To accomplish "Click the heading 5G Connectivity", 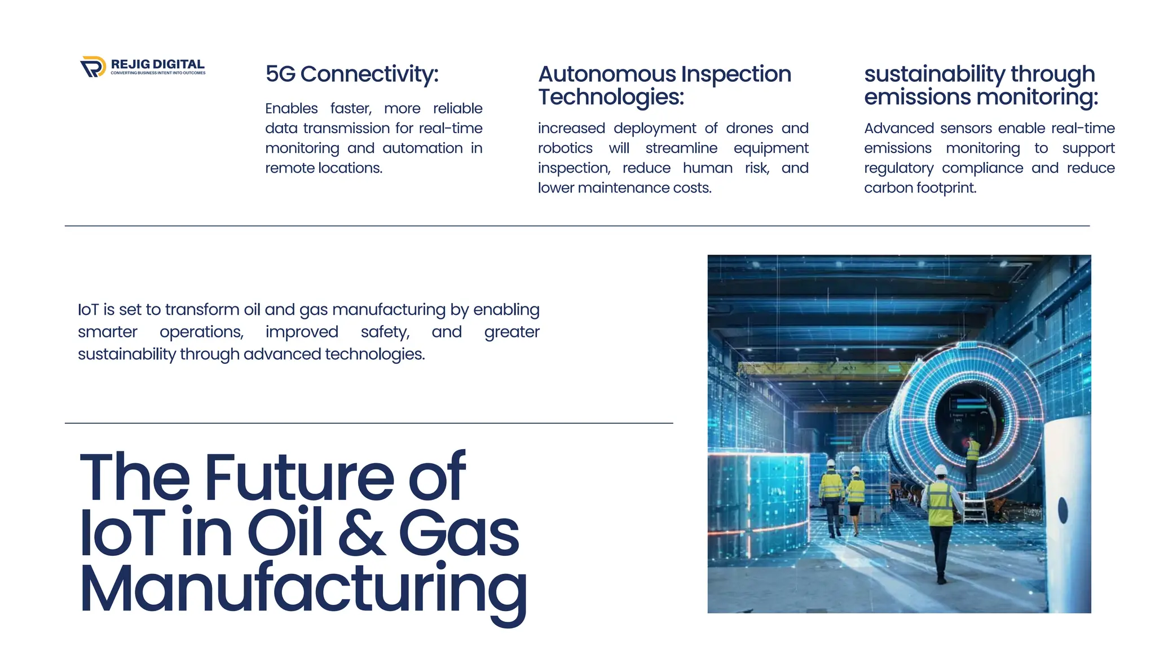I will tap(351, 74).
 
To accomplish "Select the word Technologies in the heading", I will tap(610, 97).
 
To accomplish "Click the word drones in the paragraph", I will tap(749, 128).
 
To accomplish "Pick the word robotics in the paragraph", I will tap(565, 148).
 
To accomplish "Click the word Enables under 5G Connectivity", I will tap(291, 108).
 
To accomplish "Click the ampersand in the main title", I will tap(361, 533).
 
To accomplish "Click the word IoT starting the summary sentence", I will tap(88, 310).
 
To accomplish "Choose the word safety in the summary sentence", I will tap(385, 332).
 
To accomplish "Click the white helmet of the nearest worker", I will tap(940, 470).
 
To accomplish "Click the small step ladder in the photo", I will tap(975, 507).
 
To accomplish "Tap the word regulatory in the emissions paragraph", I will tap(898, 168).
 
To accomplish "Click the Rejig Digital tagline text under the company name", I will tap(158, 73).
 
